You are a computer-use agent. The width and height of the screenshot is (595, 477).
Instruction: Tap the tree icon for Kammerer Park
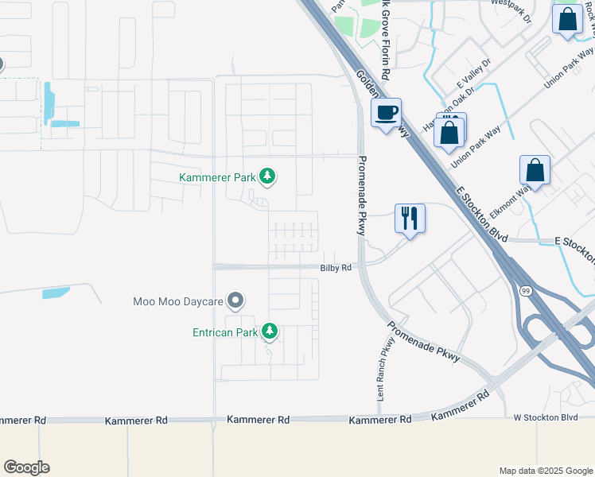(x=268, y=176)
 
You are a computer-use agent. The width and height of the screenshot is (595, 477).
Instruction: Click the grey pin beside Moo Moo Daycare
(x=235, y=301)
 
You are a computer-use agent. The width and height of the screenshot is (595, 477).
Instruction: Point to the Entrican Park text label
(x=225, y=332)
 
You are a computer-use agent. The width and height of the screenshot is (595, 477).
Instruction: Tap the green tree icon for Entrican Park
(x=270, y=331)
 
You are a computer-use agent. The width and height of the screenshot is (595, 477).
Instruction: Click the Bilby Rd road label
(x=336, y=269)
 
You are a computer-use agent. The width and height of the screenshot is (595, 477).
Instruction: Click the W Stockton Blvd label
(x=545, y=417)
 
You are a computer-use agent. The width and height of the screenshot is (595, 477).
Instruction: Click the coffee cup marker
(x=387, y=114)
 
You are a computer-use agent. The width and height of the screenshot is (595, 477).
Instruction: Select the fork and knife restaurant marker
(x=410, y=218)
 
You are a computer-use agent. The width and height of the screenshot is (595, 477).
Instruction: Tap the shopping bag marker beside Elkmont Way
(x=535, y=170)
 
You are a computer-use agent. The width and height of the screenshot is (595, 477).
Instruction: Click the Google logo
(x=26, y=467)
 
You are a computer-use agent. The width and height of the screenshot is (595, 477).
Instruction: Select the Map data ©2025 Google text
(x=546, y=471)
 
